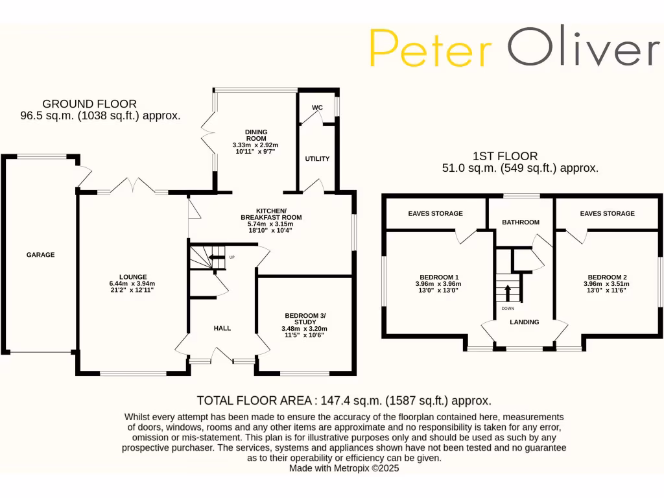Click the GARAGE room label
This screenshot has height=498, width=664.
(40, 255)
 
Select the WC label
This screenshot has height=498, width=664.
(317, 108)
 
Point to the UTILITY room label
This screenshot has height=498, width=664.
(317, 159)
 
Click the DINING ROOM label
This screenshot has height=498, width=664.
(255, 134)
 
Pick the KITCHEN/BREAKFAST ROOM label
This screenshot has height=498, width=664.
(271, 214)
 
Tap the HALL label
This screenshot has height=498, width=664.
(222, 329)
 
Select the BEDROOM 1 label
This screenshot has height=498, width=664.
(435, 277)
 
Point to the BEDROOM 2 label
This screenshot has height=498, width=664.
(604, 277)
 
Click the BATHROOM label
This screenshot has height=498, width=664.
(521, 222)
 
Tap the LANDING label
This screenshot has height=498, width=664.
(524, 322)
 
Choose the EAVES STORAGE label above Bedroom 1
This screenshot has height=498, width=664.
(435, 213)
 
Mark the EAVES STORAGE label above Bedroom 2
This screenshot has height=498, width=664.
(607, 213)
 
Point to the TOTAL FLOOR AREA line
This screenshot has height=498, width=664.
(344, 401)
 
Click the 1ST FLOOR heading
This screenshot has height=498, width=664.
(505, 156)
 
